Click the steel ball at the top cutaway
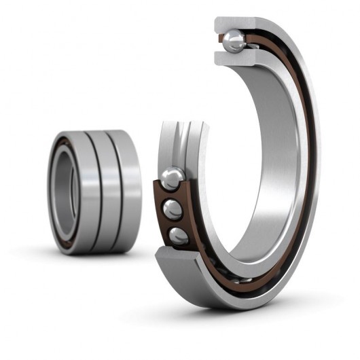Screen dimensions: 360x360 click(x=235, y=41)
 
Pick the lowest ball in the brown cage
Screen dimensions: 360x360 click(x=178, y=235)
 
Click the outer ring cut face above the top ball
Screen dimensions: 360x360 click(x=234, y=24)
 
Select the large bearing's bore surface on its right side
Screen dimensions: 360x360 click(x=282, y=156)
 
